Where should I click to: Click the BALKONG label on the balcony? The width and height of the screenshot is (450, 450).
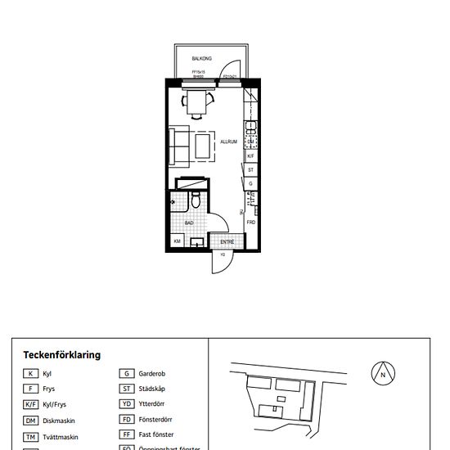click(x=202, y=59)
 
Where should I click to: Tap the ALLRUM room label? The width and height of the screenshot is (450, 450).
click(x=228, y=142)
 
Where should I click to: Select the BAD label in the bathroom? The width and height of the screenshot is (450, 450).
click(x=189, y=221)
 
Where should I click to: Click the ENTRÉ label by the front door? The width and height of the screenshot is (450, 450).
click(x=227, y=241)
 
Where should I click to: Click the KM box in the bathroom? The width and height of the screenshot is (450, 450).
click(x=177, y=241)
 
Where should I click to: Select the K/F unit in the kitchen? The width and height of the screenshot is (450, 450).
click(x=251, y=155)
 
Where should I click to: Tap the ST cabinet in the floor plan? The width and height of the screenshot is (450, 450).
click(x=251, y=169)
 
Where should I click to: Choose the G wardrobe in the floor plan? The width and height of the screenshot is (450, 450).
click(x=251, y=184)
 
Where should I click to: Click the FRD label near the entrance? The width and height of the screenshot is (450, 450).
click(x=251, y=222)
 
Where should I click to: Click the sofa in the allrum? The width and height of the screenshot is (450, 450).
click(x=179, y=145)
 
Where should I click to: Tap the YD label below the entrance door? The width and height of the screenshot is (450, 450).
click(x=222, y=254)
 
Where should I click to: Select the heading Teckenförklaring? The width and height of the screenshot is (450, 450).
click(x=62, y=355)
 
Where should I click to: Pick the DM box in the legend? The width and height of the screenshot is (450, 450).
click(x=30, y=421)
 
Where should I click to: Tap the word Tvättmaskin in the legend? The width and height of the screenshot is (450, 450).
click(x=61, y=437)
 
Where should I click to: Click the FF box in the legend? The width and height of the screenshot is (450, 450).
click(x=127, y=435)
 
